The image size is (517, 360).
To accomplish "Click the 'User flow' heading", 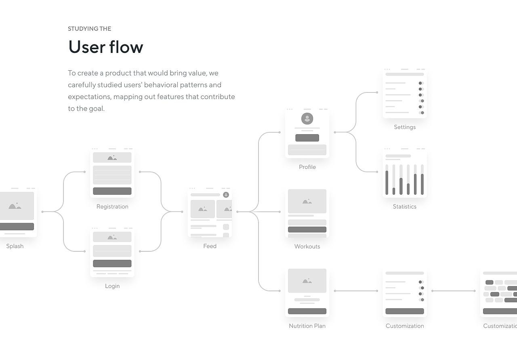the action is click(x=106, y=47).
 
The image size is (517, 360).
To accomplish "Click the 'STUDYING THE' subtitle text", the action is click(x=90, y=29).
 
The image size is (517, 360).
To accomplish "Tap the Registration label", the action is click(x=112, y=206).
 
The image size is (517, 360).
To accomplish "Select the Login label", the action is click(x=112, y=286).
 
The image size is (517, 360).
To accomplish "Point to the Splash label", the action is click(x=15, y=246).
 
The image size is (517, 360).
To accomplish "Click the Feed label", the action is click(x=210, y=246).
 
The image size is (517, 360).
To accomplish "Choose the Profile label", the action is click(x=307, y=167).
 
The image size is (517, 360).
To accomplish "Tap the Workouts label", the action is click(x=307, y=246).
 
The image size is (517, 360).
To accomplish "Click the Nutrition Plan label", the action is click(x=307, y=326).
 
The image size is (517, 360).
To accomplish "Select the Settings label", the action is click(x=405, y=127).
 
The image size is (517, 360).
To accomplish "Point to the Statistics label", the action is click(x=405, y=206).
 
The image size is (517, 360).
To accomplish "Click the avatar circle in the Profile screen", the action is click(x=307, y=119).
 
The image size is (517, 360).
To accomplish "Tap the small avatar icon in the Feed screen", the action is click(x=226, y=195).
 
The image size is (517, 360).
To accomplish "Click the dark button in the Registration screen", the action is click(x=112, y=191).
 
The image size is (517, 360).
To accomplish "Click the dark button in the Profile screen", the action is click(x=307, y=138).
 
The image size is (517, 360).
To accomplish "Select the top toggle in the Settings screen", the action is click(x=421, y=83).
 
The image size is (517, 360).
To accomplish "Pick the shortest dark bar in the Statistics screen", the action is click(x=394, y=191).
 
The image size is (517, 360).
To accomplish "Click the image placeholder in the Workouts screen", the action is click(x=307, y=201).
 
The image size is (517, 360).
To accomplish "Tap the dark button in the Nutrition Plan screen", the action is click(x=307, y=311).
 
